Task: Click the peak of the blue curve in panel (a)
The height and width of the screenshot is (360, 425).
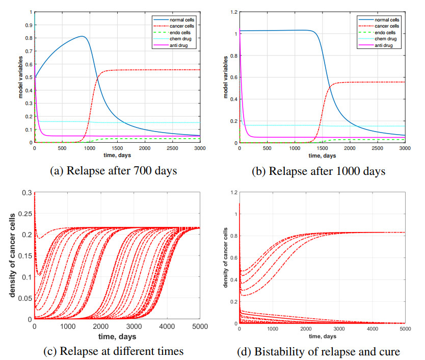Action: [82, 36]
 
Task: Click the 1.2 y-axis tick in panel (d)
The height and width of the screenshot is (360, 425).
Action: [234, 192]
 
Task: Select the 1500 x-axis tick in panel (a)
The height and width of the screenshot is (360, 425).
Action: [117, 148]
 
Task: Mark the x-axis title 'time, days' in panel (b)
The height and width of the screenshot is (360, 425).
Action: [322, 155]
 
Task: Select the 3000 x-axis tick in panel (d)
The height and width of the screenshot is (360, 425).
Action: [339, 329]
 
